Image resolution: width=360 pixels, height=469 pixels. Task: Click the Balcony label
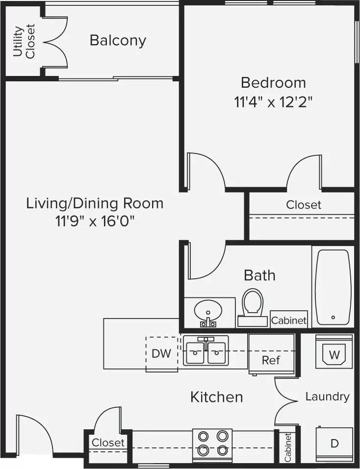coord(118,41)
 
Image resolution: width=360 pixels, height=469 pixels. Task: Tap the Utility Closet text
coord(24,41)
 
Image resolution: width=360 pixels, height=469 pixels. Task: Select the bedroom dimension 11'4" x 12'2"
coord(273,102)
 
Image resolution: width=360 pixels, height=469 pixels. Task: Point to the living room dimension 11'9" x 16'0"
coord(95,222)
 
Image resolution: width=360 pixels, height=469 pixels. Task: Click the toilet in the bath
coord(253,307)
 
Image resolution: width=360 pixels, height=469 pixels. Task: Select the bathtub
coord(333,287)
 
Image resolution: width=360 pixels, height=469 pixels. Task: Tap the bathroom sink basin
coord(208,310)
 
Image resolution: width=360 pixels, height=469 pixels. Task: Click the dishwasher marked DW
coord(161,354)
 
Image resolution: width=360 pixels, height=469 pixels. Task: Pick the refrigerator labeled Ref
coord(271,354)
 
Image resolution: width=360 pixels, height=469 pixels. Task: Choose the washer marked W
coord(334,352)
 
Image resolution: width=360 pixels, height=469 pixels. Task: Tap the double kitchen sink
coord(206,350)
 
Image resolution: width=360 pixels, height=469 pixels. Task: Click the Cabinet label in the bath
coord(289,321)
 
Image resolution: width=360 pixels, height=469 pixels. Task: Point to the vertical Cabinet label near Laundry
coord(288,447)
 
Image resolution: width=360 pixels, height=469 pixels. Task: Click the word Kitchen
coord(217,397)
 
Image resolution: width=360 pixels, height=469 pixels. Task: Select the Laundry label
coord(327,396)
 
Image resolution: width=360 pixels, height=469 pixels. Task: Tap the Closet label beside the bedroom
coord(304,205)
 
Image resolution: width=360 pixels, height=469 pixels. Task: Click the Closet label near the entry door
coord(108,443)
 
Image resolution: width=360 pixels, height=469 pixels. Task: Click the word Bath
coord(259,275)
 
